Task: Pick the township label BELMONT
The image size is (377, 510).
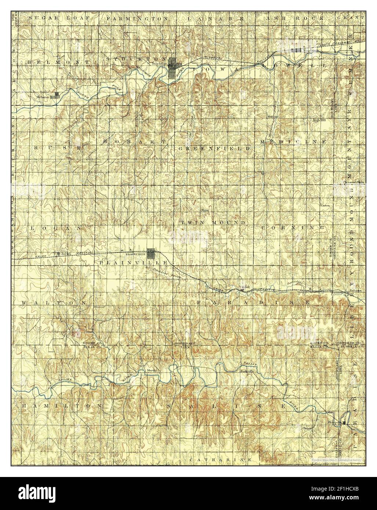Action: click(x=58, y=63)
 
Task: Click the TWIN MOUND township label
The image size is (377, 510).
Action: click(x=213, y=223)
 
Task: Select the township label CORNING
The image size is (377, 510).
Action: click(x=293, y=227)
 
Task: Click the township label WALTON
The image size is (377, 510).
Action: click(x=54, y=302)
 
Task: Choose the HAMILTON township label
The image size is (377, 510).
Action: click(x=61, y=406)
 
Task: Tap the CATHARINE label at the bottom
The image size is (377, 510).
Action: click(x=221, y=459)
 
